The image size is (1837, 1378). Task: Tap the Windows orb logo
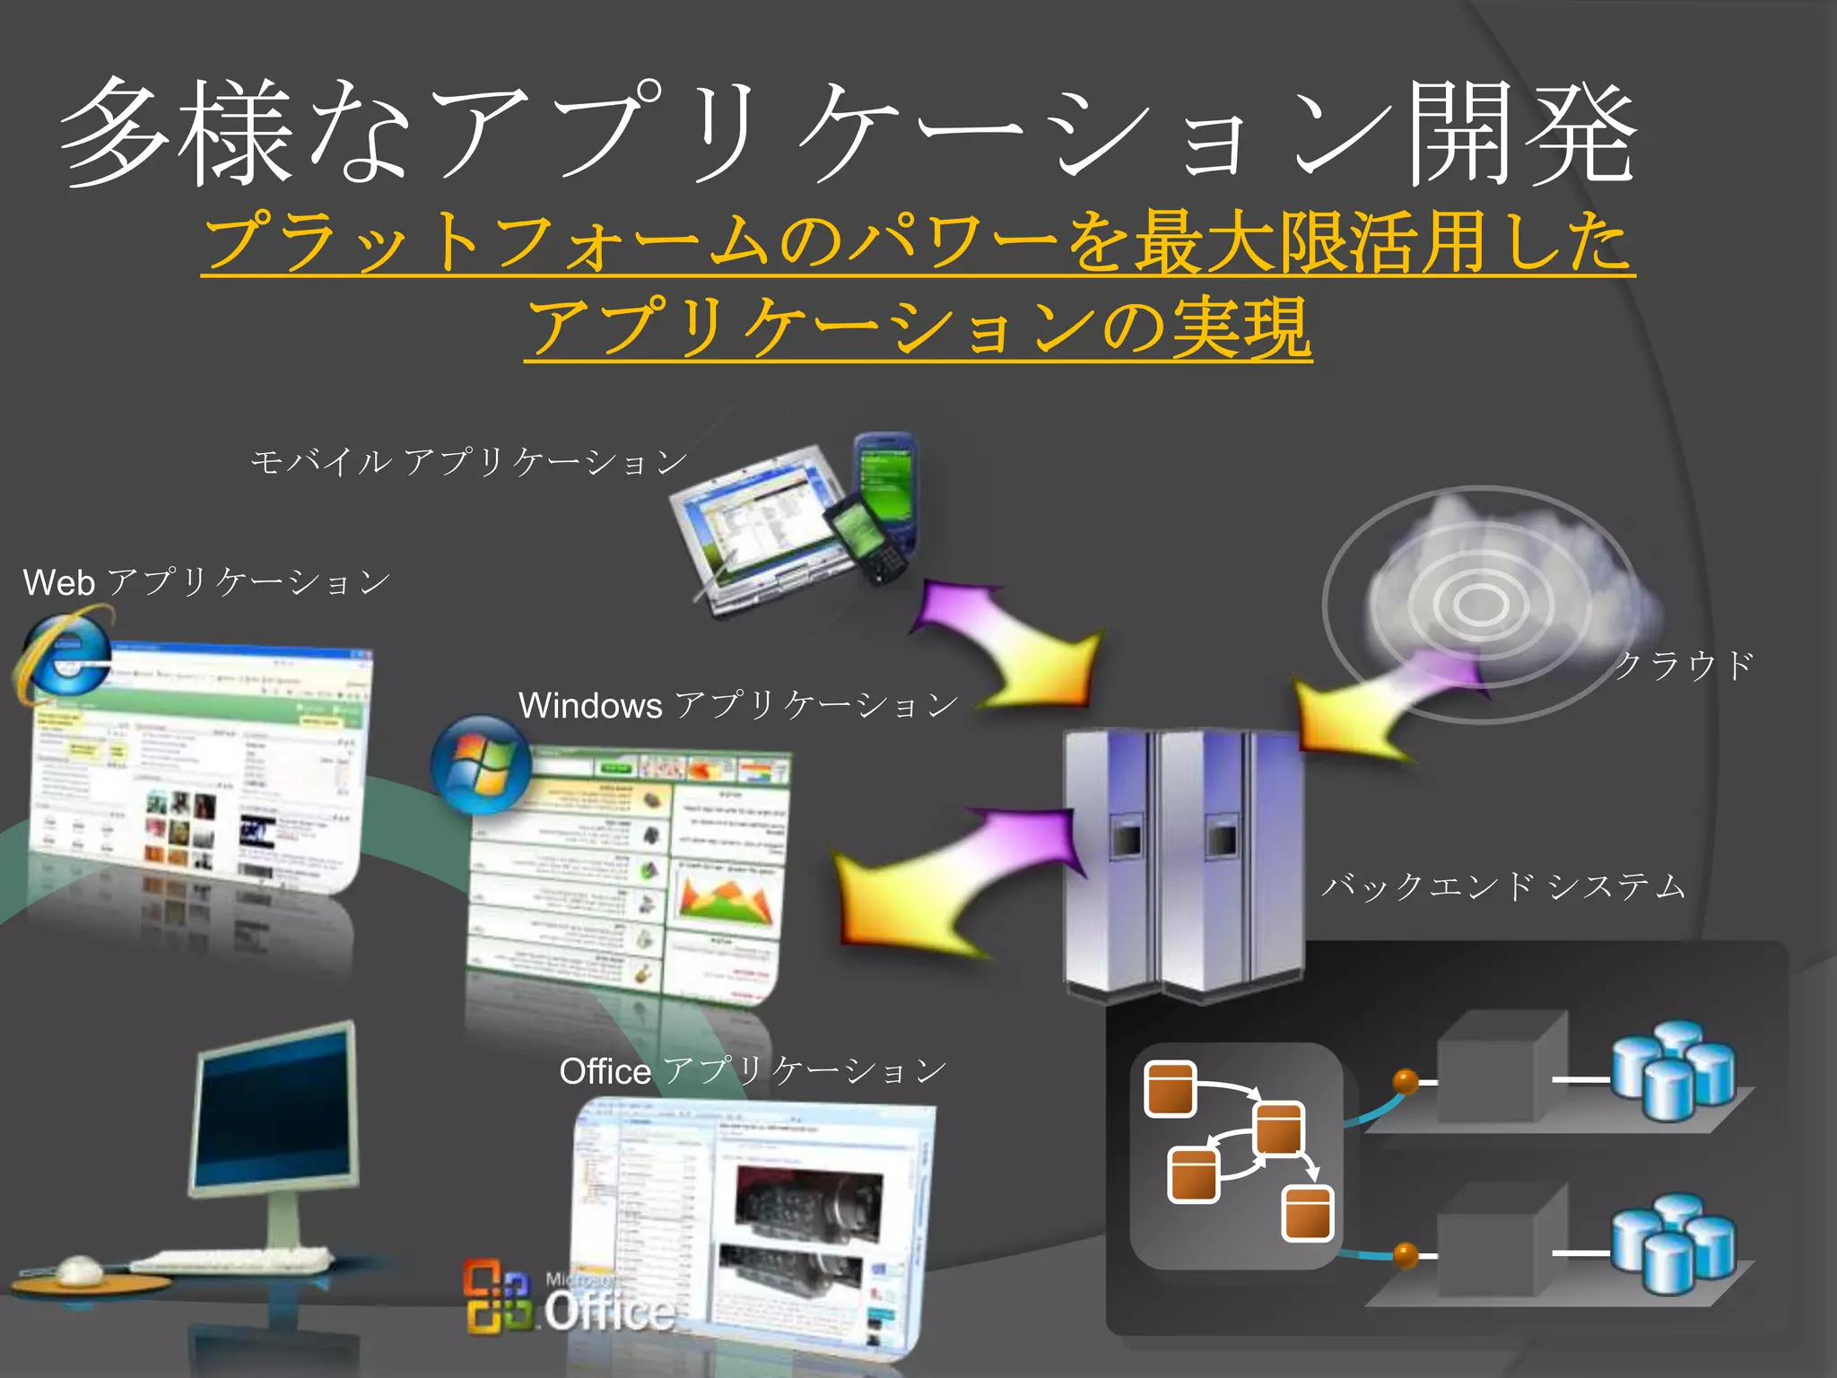pos(482,763)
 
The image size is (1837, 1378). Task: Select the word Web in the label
pos(59,583)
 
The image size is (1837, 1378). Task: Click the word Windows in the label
pos(590,706)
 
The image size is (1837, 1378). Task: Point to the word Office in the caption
pos(605,1071)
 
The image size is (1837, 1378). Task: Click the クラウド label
pos(1684,666)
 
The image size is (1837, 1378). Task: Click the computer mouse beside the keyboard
pos(79,1269)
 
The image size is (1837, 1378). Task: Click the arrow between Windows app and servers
pos(951,875)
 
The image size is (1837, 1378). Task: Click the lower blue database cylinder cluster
pos(1673,1243)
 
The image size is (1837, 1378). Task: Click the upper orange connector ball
pos(1406,1081)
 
